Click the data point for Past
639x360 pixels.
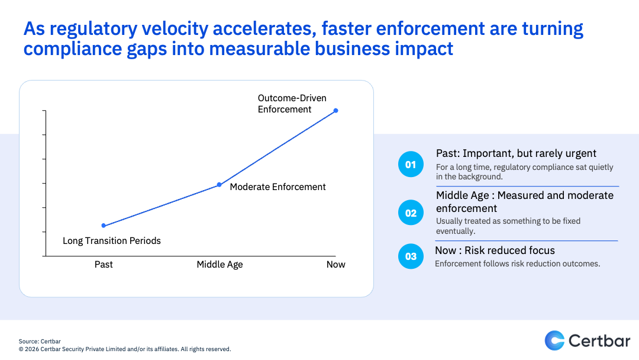[x=104, y=226]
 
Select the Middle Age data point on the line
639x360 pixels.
[x=219, y=185]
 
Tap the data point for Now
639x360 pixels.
[x=336, y=110]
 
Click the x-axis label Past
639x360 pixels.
[x=104, y=264]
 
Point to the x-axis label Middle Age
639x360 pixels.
[x=220, y=264]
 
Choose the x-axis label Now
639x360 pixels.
[x=335, y=264]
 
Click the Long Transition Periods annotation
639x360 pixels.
[x=112, y=240]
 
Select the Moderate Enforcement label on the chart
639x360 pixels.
[x=277, y=187]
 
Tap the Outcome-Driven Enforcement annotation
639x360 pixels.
[x=292, y=104]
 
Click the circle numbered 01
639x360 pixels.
[x=411, y=165]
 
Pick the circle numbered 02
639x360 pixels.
[x=411, y=213]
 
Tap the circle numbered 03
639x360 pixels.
[x=411, y=256]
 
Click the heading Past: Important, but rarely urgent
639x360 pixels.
[x=516, y=154]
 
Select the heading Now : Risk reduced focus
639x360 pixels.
[x=495, y=250]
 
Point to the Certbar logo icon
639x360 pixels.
[x=554, y=340]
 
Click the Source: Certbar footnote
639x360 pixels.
[x=40, y=341]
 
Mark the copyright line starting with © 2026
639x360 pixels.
[x=124, y=349]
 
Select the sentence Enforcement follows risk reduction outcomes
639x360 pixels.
[x=517, y=263]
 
